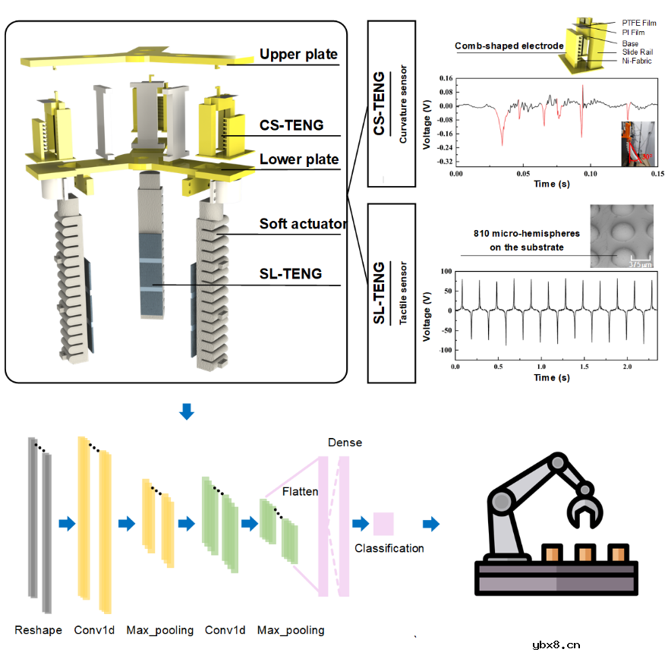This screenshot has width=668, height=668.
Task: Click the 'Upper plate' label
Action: [x=298, y=55]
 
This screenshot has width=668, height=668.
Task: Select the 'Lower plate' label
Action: [x=298, y=160]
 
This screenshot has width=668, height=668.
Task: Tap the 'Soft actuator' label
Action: [x=303, y=224]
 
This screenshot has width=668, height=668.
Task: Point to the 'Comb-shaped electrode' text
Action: [x=509, y=46]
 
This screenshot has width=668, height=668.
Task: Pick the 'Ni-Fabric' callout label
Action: [x=636, y=61]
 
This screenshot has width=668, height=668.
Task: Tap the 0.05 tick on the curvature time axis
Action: [x=522, y=174]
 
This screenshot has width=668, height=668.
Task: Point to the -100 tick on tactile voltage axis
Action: [x=441, y=350]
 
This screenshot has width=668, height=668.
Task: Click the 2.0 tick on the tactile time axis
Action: [x=627, y=367]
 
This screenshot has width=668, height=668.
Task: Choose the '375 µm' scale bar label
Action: [x=639, y=263]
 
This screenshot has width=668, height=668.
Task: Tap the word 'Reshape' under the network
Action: [x=38, y=630]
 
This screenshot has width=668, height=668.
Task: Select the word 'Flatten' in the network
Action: [x=300, y=492]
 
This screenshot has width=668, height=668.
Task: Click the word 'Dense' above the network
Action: [x=345, y=443]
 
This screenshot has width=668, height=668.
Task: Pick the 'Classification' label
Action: [x=389, y=548]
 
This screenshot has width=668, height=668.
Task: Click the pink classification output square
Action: [x=383, y=524]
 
